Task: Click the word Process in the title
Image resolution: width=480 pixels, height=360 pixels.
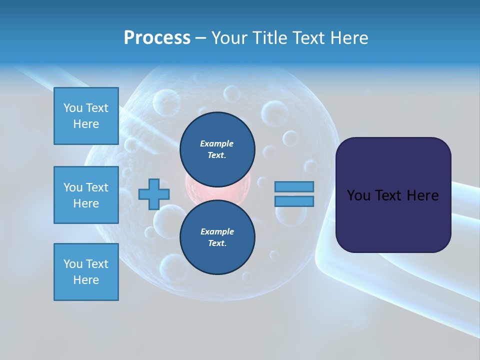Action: point(157,37)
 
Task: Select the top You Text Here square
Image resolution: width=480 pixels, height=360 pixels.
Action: point(86,116)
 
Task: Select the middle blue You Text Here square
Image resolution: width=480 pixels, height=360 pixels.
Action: point(86,195)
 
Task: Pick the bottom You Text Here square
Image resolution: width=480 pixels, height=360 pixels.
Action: point(86,272)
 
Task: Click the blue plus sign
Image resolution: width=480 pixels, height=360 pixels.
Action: point(154,194)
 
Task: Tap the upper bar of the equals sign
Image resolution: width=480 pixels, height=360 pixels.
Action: point(294,186)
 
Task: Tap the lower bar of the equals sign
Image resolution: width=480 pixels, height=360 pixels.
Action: point(294,201)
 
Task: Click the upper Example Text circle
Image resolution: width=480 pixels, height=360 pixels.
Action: point(217,149)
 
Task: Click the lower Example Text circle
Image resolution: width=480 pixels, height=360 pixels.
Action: point(217,237)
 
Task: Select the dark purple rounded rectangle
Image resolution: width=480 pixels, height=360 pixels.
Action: point(393,195)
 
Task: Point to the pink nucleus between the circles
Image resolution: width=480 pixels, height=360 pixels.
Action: point(217,192)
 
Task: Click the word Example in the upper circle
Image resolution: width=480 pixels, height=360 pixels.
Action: point(217,143)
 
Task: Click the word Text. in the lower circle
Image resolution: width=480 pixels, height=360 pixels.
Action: point(217,243)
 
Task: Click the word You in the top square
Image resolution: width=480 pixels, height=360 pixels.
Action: point(73,108)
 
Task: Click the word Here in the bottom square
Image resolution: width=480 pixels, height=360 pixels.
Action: point(86,280)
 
